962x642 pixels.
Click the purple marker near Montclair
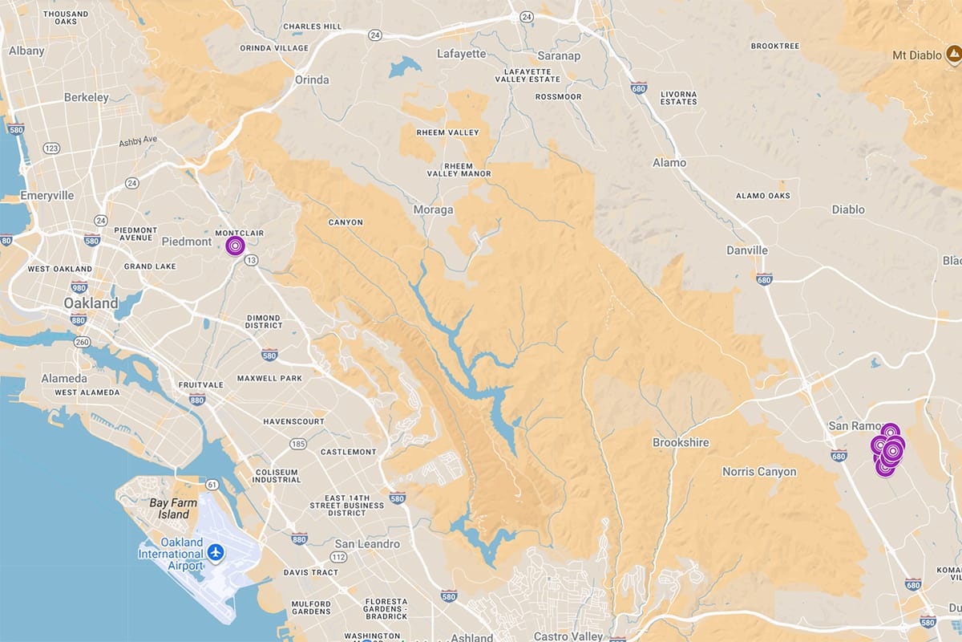tap(235, 246)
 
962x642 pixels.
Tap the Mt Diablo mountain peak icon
tap(953, 55)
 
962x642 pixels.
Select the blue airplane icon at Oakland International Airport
tap(215, 552)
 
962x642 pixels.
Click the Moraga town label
tap(433, 209)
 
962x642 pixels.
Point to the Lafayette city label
tap(461, 54)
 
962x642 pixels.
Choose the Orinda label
tap(312, 79)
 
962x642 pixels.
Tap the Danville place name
tap(747, 250)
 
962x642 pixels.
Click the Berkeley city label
tap(86, 97)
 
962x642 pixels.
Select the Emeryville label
tap(46, 195)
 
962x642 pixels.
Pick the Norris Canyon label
tap(759, 472)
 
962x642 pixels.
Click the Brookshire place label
tap(681, 442)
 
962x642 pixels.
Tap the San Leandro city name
tap(367, 544)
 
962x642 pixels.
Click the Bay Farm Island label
tap(169, 508)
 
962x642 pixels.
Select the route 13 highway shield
tap(252, 260)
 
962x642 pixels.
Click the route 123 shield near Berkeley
tap(52, 148)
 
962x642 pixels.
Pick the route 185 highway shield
tap(299, 443)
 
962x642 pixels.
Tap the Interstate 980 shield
tap(79, 287)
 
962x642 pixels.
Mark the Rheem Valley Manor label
tap(453, 169)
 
